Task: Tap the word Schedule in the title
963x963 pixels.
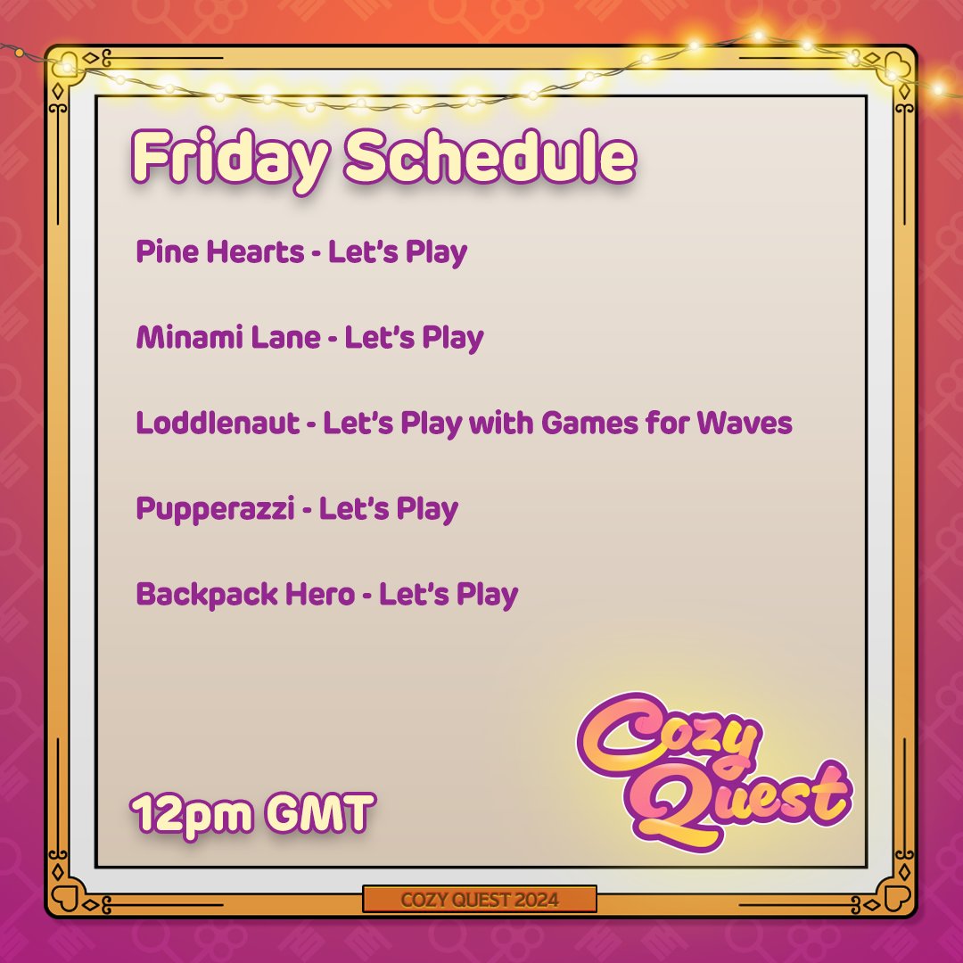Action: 490,159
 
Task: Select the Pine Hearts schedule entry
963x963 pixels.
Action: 301,252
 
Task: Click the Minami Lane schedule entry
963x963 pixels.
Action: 309,338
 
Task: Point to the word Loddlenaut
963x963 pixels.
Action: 218,423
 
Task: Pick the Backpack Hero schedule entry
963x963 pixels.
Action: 326,594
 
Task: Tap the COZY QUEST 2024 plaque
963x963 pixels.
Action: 480,899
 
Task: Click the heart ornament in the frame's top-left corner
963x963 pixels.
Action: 63,63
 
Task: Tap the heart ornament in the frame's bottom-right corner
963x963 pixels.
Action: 897,897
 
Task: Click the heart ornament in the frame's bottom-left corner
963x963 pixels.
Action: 63,897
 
